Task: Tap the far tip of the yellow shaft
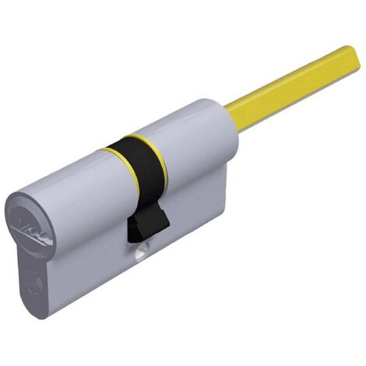point(354,56)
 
